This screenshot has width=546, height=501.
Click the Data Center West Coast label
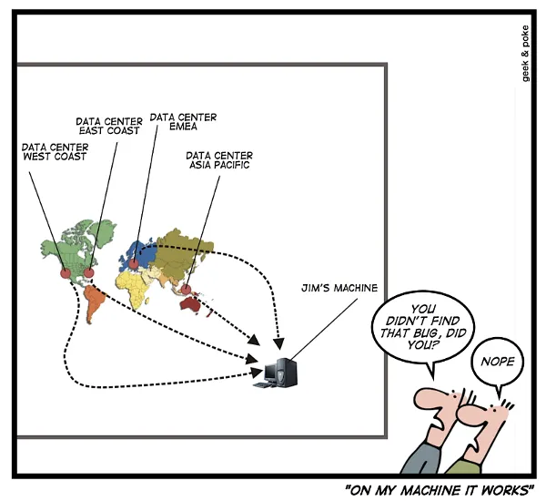54,150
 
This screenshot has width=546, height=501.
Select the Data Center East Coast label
108,125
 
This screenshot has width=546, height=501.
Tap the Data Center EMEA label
183,122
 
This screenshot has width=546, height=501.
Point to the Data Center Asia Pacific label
219,160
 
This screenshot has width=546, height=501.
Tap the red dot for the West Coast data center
66,273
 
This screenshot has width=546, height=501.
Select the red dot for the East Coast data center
89,271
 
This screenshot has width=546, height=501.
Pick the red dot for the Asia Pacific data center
187,291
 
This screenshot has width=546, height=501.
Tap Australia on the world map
194,306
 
